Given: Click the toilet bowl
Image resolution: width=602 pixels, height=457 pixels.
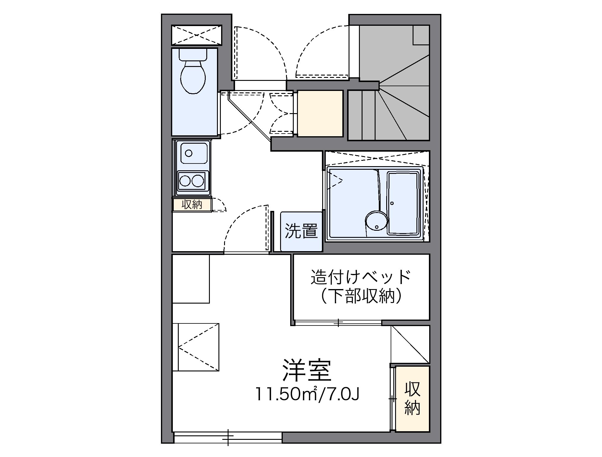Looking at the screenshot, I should [x=193, y=77].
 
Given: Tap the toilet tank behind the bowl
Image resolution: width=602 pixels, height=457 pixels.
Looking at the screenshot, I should [x=193, y=54].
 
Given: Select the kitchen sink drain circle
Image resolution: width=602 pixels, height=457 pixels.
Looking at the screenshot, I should [x=189, y=153].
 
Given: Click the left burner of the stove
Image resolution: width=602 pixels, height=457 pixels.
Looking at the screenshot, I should [x=185, y=180].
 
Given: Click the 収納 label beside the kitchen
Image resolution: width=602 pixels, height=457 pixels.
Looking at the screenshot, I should [x=192, y=205].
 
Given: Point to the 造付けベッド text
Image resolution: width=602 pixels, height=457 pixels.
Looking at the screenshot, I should [x=361, y=277].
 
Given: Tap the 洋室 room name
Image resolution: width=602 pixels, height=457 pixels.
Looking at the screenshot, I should [x=306, y=371].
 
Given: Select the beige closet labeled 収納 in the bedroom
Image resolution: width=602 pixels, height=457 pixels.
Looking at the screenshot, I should [x=412, y=398].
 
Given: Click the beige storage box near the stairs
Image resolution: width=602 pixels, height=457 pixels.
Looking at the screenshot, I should [x=320, y=114].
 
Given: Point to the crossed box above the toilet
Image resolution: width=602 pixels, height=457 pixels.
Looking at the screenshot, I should [x=197, y=35].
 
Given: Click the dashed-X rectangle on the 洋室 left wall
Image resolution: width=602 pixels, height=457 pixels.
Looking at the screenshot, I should [x=196, y=347].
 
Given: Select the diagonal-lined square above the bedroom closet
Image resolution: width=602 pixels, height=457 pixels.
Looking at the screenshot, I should [x=410, y=344].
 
